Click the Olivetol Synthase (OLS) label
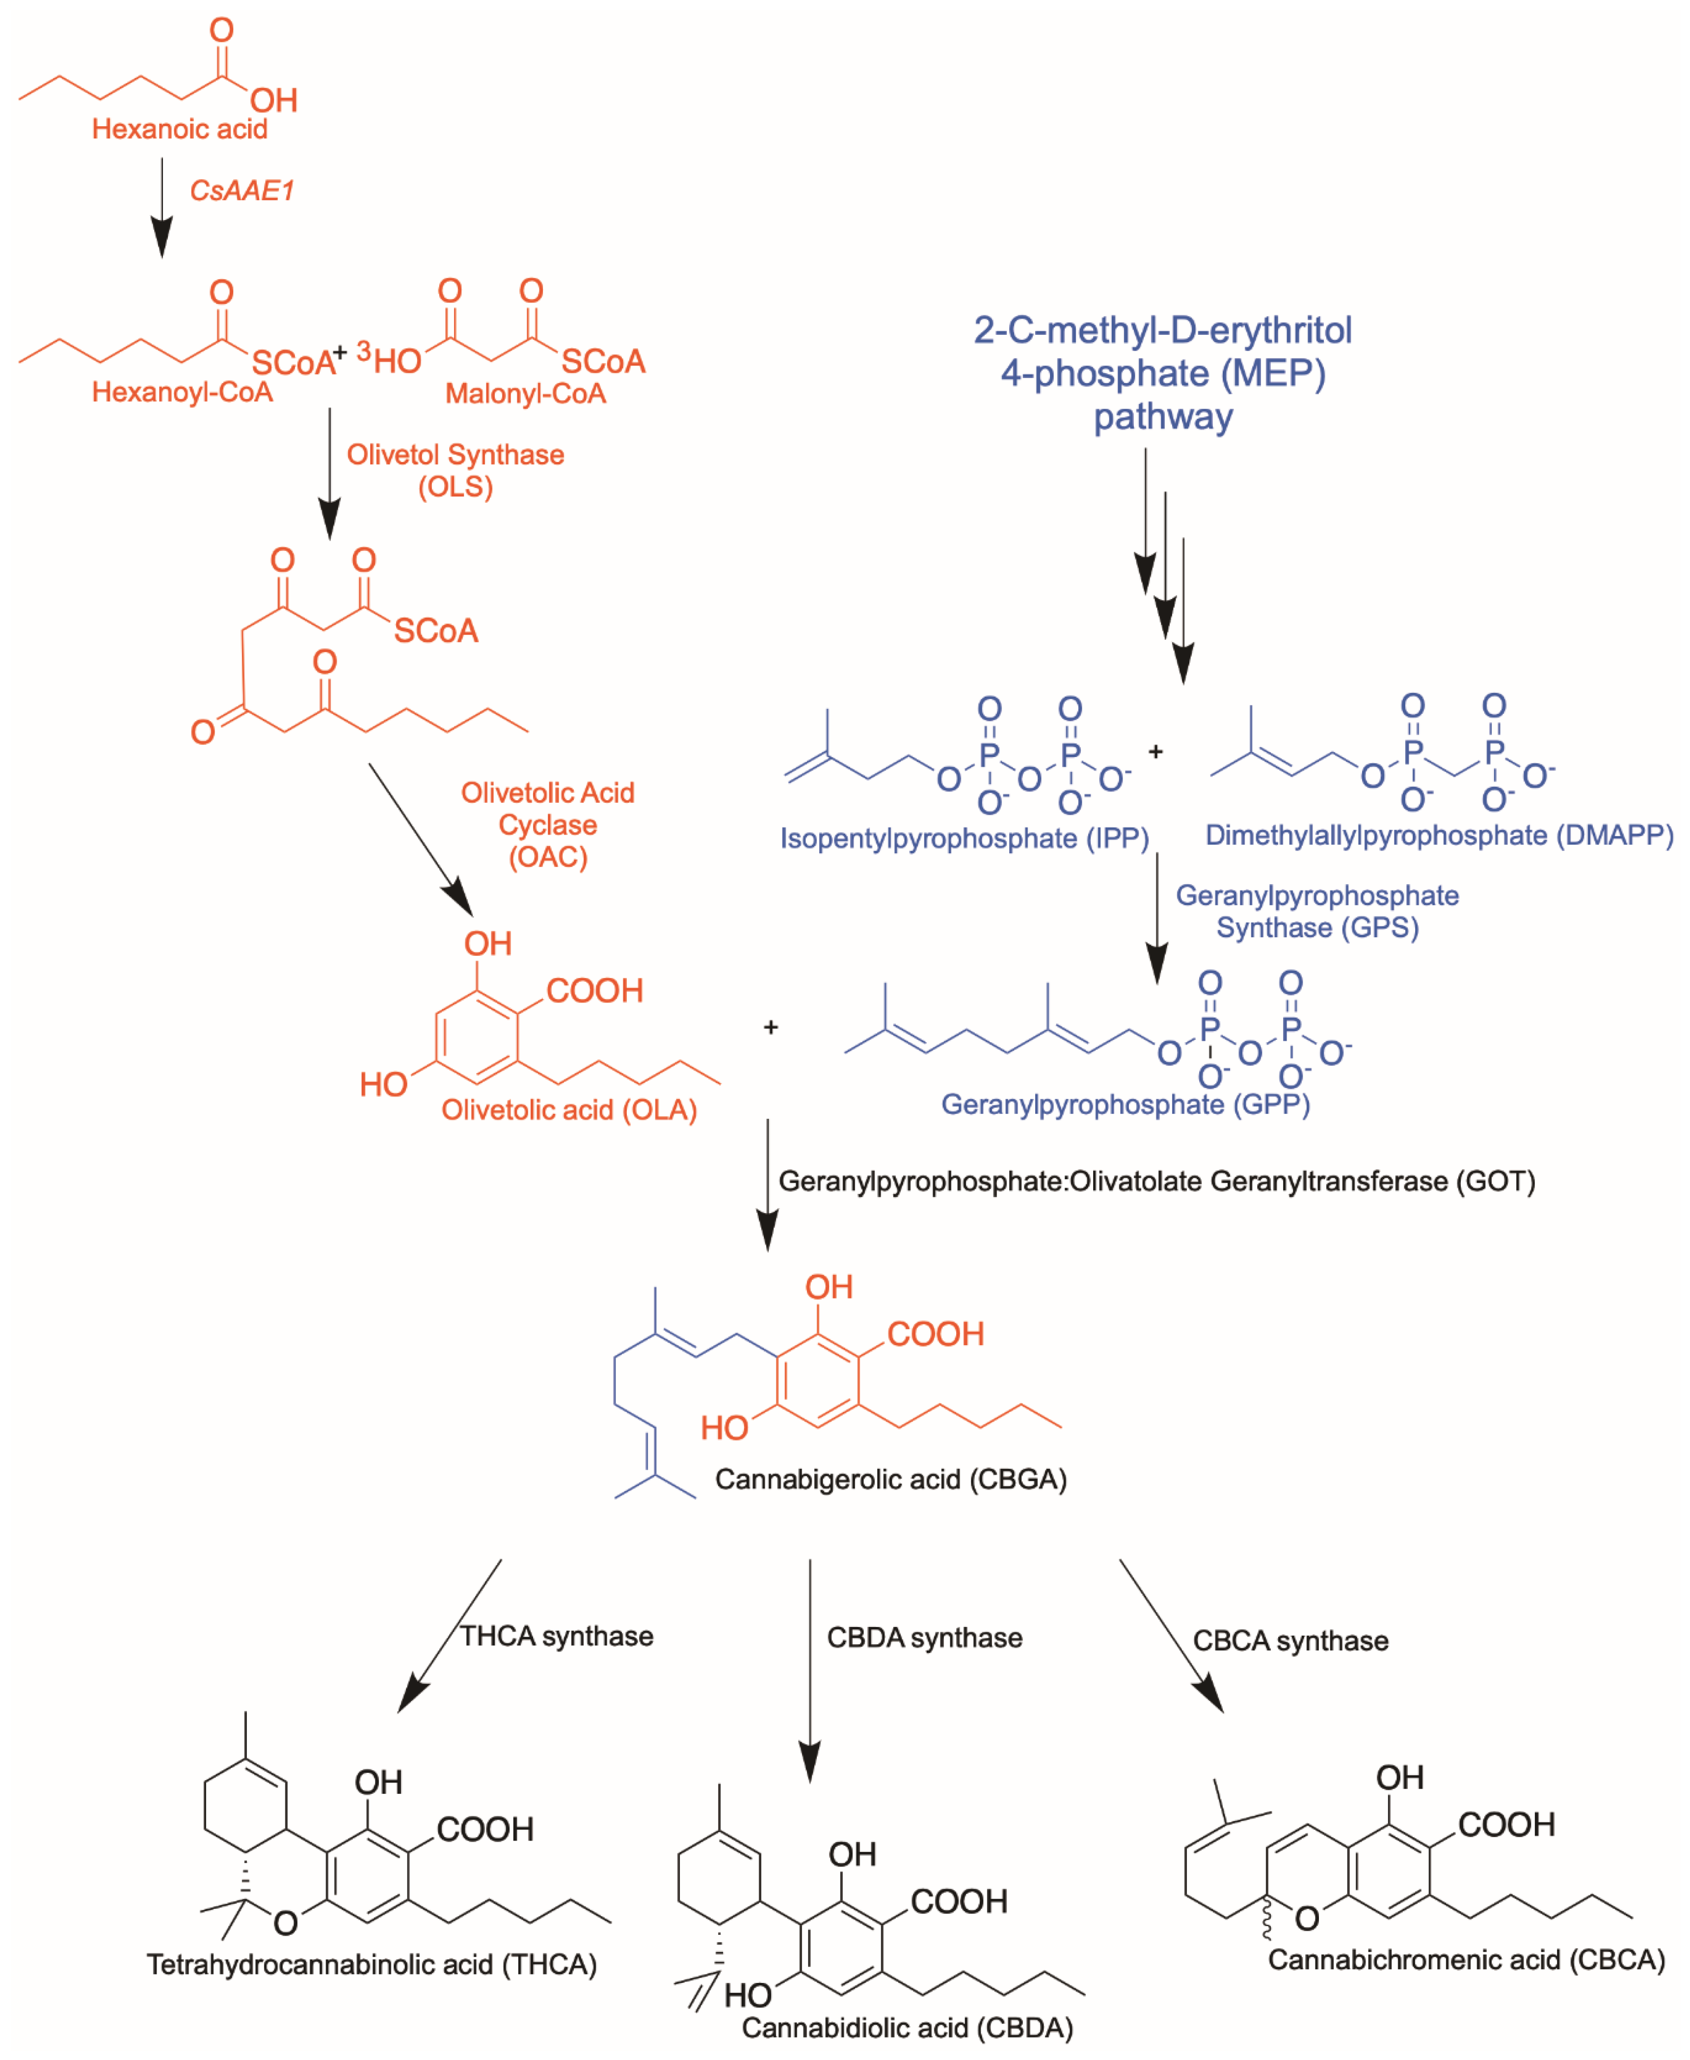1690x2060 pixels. pyautogui.click(x=456, y=470)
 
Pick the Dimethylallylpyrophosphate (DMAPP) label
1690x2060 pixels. pyautogui.click(x=1439, y=835)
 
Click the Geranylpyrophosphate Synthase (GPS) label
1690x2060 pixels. pyautogui.click(x=1317, y=911)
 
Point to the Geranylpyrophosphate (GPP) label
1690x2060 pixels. pyautogui.click(x=1126, y=1104)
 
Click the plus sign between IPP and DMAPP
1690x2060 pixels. pyautogui.click(x=1155, y=752)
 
